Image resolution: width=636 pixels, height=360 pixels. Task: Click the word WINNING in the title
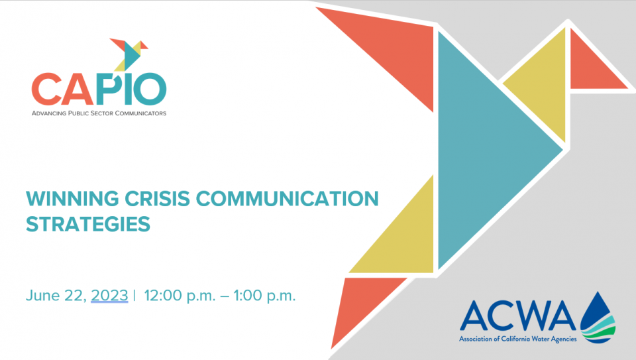click(73, 198)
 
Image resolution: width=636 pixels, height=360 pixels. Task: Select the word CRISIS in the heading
click(158, 198)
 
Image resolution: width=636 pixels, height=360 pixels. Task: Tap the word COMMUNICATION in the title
click(287, 198)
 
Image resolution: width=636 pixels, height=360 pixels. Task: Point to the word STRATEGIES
click(88, 224)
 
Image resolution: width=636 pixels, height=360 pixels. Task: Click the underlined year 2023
click(109, 296)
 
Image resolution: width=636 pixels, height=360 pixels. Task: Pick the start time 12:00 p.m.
click(180, 296)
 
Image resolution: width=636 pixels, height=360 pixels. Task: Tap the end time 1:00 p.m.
click(264, 296)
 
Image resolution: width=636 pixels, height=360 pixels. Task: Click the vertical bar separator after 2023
click(134, 296)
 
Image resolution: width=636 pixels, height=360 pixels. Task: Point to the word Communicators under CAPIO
click(140, 113)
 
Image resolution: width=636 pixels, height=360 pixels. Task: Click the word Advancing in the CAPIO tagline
click(48, 113)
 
